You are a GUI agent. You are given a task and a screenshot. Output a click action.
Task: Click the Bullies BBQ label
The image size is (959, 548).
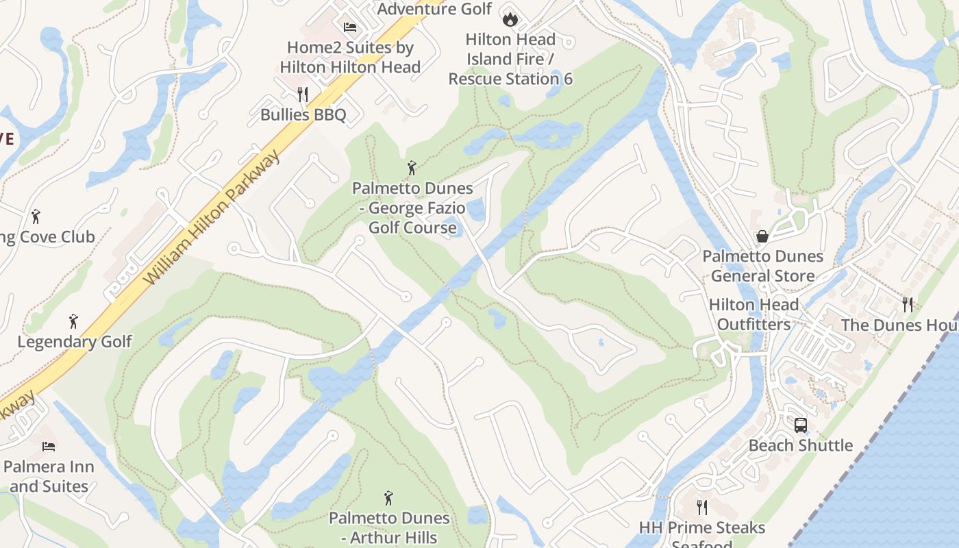[303, 114]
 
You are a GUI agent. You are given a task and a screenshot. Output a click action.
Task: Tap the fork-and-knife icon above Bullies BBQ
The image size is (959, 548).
[303, 94]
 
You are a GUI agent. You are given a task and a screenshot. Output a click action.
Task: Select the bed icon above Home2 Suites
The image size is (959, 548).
[350, 27]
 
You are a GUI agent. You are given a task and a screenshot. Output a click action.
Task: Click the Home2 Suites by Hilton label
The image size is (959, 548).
[350, 58]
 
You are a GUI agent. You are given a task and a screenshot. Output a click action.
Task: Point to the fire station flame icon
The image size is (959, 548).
[510, 18]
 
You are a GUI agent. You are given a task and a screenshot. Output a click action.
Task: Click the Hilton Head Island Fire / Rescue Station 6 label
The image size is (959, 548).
[510, 59]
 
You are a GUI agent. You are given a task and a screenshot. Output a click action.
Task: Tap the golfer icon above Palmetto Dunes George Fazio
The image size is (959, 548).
[412, 168]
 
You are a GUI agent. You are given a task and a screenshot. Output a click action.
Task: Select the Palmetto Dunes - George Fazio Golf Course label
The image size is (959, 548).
[412, 208]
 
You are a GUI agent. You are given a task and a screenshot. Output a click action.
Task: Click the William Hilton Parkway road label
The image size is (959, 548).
[213, 219]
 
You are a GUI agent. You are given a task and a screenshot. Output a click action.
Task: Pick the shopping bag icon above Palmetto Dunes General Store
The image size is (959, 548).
[762, 236]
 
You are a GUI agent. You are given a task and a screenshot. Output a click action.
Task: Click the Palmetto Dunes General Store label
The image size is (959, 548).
[762, 266]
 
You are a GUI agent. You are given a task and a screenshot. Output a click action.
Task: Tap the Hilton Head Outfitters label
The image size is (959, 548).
[754, 314]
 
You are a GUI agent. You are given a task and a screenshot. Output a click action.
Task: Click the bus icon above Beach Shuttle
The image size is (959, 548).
[800, 425]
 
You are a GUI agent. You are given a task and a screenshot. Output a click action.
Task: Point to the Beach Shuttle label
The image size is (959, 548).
[800, 445]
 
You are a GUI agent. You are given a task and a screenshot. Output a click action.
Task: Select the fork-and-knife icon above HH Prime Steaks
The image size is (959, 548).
[701, 507]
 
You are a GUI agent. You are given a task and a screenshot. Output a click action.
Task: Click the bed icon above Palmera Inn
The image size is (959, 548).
[49, 447]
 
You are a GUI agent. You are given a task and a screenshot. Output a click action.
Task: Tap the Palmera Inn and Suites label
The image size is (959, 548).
[49, 477]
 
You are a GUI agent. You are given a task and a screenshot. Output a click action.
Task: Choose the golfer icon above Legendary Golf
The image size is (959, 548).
[74, 321]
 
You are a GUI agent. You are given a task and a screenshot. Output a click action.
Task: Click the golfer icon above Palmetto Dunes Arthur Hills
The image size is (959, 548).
[389, 498]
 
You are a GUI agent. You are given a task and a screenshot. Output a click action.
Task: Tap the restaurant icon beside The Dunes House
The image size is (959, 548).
[908, 304]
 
